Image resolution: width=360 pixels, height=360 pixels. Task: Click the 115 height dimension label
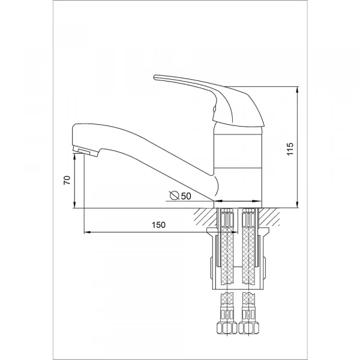[290, 149]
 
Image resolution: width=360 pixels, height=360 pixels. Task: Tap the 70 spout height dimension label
[67, 180]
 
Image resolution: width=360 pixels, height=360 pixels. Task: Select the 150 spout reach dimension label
[158, 225]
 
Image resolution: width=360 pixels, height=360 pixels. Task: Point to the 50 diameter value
[186, 196]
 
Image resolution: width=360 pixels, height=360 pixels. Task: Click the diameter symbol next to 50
[175, 195]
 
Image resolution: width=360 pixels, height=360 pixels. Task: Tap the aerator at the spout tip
[85, 151]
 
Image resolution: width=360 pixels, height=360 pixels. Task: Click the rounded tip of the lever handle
[155, 77]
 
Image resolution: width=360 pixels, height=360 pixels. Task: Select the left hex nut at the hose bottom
[227, 328]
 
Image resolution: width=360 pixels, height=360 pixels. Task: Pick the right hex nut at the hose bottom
[248, 328]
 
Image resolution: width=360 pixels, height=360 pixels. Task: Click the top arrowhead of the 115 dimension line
[298, 89]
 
